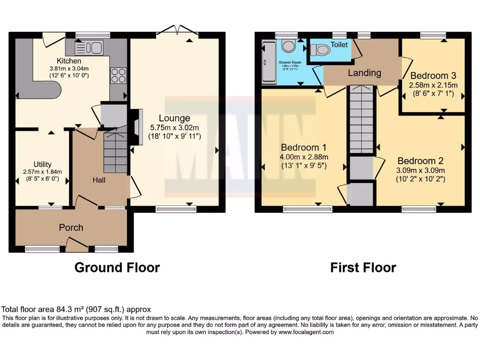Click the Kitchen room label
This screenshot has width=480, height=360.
tap(69, 61)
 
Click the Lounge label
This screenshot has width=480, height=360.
tap(174, 118)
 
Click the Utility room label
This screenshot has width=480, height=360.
tap(43, 164)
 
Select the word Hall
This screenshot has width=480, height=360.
tap(98, 180)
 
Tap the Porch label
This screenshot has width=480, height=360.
tap(71, 227)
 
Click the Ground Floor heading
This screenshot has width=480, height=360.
tap(117, 268)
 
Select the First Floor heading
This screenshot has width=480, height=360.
tap(363, 268)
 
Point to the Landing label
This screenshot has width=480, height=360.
tap(364, 73)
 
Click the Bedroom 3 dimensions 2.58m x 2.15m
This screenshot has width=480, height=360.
tap(433, 85)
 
